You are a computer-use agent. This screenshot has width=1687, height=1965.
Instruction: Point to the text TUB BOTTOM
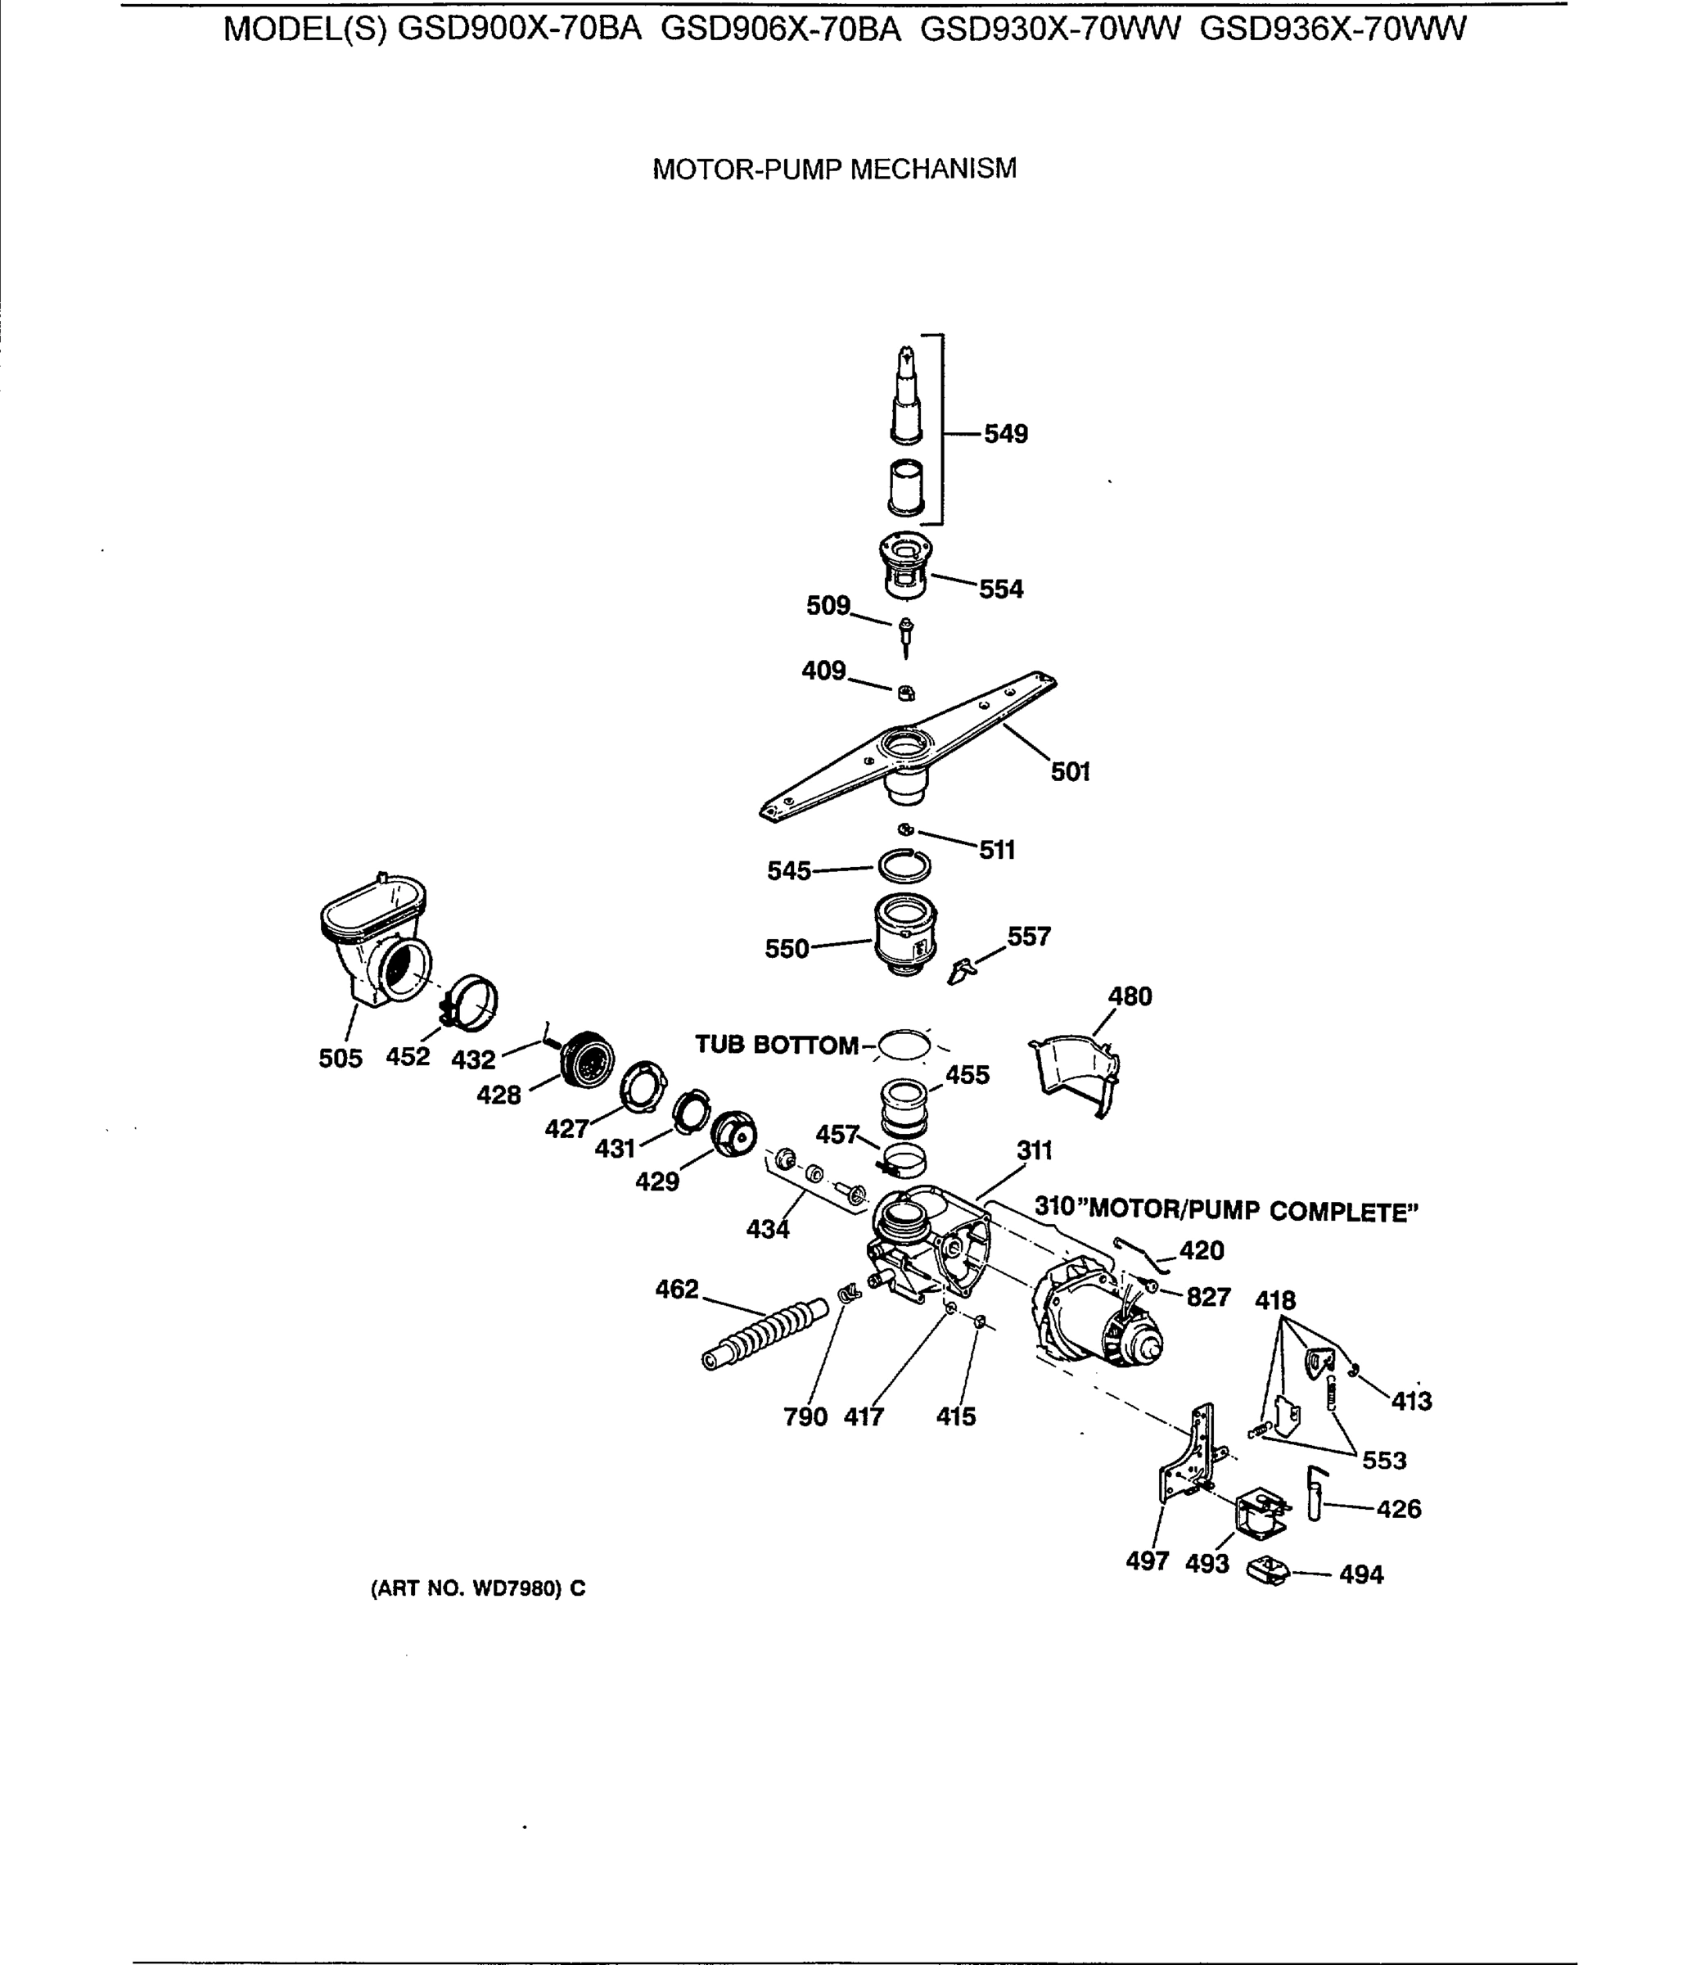[776, 1044]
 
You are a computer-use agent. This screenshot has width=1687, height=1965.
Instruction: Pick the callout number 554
[1000, 589]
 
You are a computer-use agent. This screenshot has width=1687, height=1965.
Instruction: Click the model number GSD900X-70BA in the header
[519, 29]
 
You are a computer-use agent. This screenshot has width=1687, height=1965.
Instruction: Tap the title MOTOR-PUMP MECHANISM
[833, 169]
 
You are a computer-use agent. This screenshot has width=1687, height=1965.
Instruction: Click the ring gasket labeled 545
[904, 866]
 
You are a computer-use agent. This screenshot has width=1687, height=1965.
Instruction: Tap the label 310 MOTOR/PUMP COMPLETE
[1225, 1210]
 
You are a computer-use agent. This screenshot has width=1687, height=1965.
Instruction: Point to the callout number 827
[1208, 1296]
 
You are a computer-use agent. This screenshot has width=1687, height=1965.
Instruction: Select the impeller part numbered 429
[733, 1134]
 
